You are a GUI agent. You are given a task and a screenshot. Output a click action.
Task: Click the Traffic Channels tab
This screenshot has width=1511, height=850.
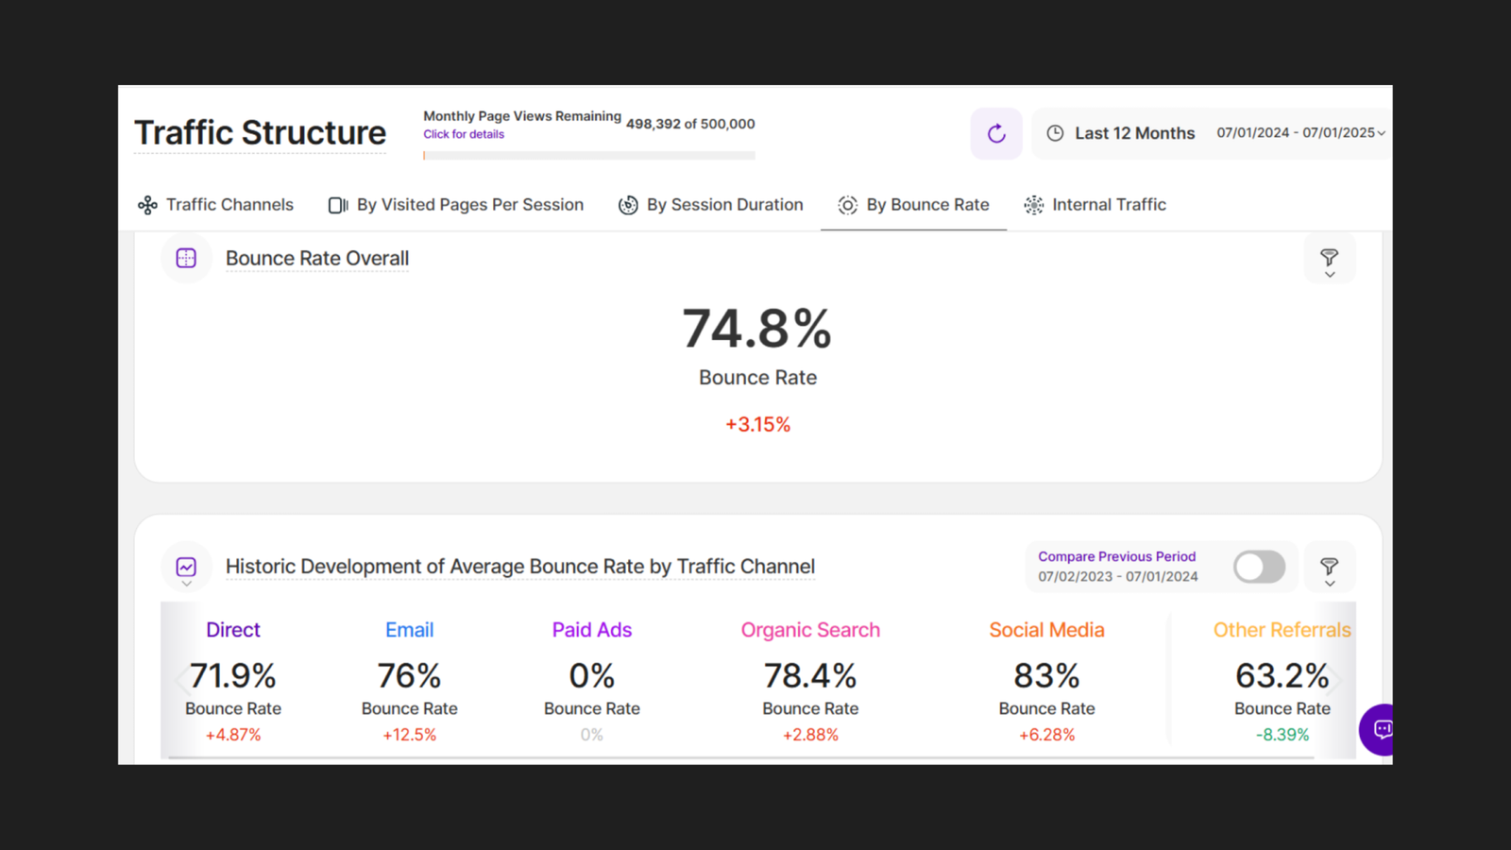pos(216,205)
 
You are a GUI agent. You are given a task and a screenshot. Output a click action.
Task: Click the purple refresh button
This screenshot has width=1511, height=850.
pos(996,133)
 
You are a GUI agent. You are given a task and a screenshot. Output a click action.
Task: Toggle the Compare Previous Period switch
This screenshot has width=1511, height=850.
pos(1259,567)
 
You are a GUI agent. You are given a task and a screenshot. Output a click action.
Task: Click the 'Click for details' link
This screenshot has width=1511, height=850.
pos(464,134)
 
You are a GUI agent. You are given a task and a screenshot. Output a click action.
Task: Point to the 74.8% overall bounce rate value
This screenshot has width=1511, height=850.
pos(757,329)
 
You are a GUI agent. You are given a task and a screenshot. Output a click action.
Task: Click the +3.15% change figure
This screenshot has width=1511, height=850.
pos(757,425)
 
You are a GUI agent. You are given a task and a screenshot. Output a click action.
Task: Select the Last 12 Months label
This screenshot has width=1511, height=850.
pos(1134,133)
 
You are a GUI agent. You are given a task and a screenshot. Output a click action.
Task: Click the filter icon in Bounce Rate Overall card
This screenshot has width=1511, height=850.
pos(1329,259)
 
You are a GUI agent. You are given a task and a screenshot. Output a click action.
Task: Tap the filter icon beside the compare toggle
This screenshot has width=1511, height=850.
pos(1329,568)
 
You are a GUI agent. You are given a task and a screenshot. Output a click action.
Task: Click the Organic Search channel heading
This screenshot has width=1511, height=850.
pos(810,630)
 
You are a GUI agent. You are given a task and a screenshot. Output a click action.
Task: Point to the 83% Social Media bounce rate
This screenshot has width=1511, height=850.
pos(1046,676)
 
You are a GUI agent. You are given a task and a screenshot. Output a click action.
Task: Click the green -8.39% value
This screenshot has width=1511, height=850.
pos(1282,735)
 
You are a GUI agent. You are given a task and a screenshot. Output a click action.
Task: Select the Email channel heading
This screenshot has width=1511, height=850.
pos(409,630)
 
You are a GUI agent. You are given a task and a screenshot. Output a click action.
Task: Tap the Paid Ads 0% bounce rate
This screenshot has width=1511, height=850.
pos(592,676)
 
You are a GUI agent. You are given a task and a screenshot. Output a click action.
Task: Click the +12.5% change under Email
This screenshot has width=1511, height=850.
pos(409,735)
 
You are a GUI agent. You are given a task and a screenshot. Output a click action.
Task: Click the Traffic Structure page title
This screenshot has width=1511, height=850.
pos(260,133)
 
